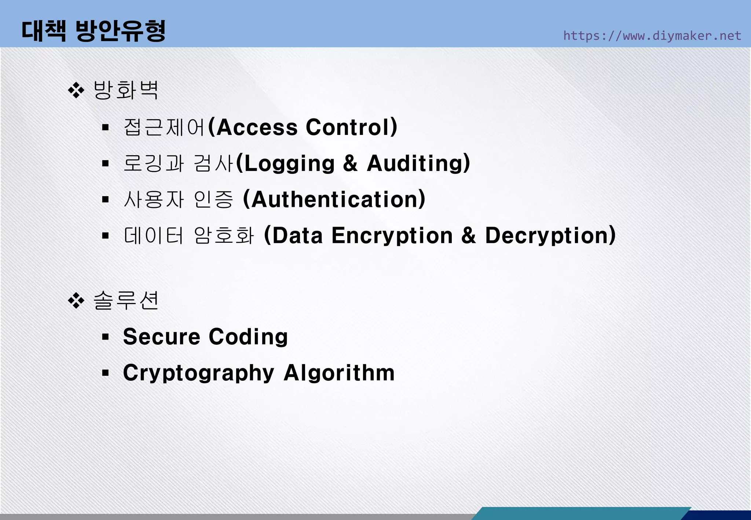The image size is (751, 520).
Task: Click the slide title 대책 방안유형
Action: (x=94, y=31)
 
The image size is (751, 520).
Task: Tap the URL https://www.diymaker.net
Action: (x=652, y=36)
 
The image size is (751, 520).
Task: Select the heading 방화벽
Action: (x=126, y=90)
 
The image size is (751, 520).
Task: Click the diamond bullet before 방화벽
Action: (x=76, y=90)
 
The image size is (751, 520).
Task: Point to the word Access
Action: (x=257, y=127)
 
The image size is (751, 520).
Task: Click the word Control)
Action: (x=352, y=127)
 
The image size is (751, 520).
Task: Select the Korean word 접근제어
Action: (x=164, y=127)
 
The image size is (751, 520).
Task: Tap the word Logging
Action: (x=289, y=163)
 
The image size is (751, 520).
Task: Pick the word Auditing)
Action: (x=418, y=163)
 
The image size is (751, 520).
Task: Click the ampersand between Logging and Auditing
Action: (x=351, y=163)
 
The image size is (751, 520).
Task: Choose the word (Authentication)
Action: (x=334, y=199)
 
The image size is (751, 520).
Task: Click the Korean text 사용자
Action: (x=154, y=199)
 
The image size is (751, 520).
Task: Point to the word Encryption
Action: (x=392, y=236)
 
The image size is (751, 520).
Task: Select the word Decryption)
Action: (x=550, y=236)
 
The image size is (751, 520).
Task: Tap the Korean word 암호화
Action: (x=224, y=235)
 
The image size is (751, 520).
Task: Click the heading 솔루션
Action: (x=126, y=301)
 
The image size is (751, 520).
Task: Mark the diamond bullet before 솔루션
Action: (x=76, y=301)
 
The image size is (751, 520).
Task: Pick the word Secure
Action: (x=162, y=337)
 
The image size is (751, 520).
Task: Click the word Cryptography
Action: (x=198, y=373)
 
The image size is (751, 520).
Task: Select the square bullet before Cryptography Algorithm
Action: (x=106, y=373)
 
